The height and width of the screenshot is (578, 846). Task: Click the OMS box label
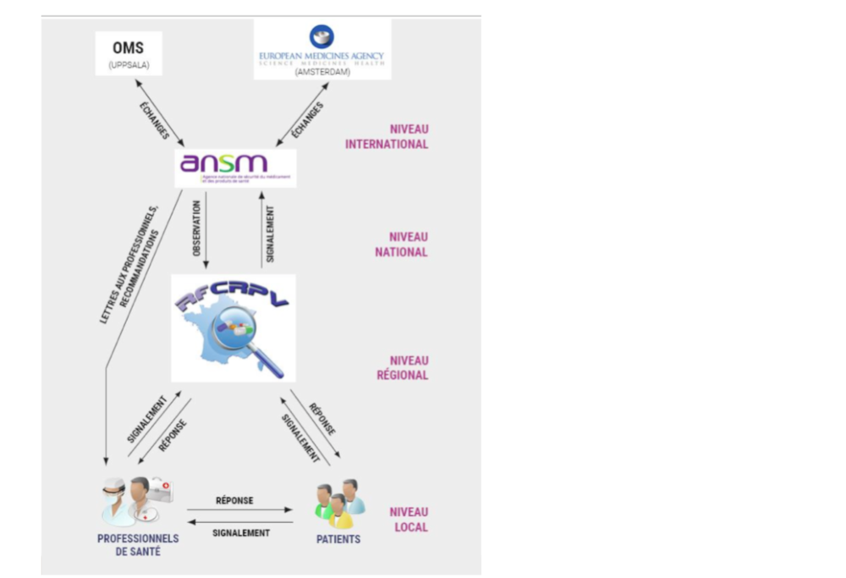click(128, 48)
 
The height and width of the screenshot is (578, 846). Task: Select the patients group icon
click(339, 504)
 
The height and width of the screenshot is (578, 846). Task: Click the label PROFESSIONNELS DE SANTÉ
click(138, 545)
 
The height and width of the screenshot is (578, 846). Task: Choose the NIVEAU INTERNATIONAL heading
click(387, 136)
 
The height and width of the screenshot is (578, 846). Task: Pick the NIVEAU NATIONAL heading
click(402, 244)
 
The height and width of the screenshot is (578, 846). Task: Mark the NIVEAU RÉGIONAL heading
click(403, 367)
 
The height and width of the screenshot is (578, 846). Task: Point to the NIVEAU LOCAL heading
click(409, 520)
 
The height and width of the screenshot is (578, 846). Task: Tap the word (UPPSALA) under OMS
click(128, 64)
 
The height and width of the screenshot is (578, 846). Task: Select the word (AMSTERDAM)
click(321, 72)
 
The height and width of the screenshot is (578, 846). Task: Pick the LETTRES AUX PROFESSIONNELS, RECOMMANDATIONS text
click(128, 262)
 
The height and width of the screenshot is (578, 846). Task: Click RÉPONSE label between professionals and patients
click(234, 500)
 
